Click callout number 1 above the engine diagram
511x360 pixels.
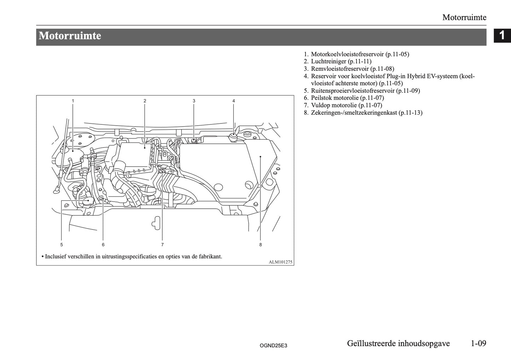[73, 101]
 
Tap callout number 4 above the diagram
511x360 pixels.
[233, 101]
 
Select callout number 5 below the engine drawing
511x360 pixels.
[62, 244]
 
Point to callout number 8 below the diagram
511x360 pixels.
[261, 244]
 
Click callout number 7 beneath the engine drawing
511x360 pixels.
[162, 244]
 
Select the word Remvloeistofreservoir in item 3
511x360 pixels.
[340, 69]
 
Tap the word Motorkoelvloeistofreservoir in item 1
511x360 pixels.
[347, 54]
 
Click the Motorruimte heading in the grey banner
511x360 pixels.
[70, 36]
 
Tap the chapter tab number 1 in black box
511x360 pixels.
[502, 36]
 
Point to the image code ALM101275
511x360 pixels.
[281, 262]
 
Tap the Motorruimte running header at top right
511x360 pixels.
[464, 17]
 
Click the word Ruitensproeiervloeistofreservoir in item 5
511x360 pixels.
[353, 91]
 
